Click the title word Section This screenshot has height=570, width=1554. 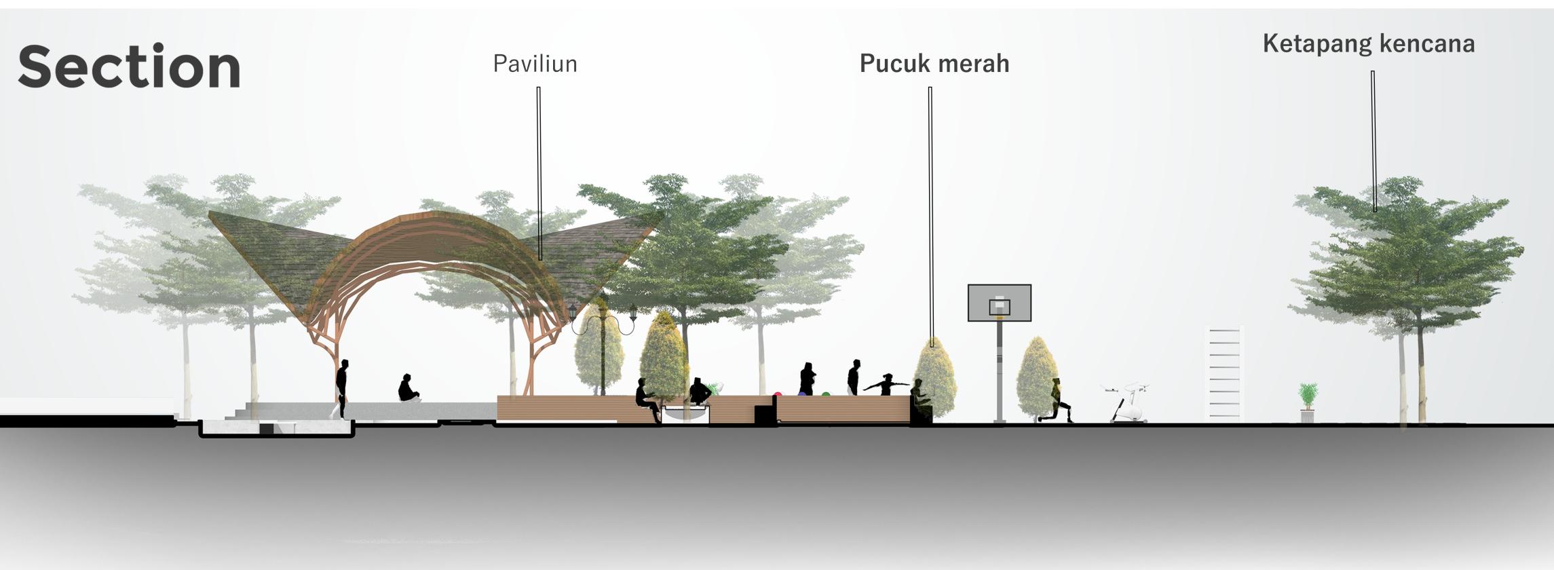pyautogui.click(x=129, y=66)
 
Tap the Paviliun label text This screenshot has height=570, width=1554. pyautogui.click(x=535, y=64)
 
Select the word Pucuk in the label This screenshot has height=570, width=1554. pyautogui.click(x=893, y=64)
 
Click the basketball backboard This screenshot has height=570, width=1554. pyautogui.click(x=999, y=303)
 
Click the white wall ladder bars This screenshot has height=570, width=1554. pyautogui.click(x=1224, y=373)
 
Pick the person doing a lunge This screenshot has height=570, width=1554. pyautogui.click(x=1056, y=402)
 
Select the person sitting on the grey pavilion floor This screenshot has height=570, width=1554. pyautogui.click(x=407, y=388)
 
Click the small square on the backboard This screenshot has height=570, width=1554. pyautogui.click(x=999, y=307)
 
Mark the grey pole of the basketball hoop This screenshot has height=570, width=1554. pyautogui.click(x=999, y=373)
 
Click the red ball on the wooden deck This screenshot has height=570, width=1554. pyautogui.click(x=778, y=394)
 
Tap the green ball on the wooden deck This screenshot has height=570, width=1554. pyautogui.click(x=826, y=394)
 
